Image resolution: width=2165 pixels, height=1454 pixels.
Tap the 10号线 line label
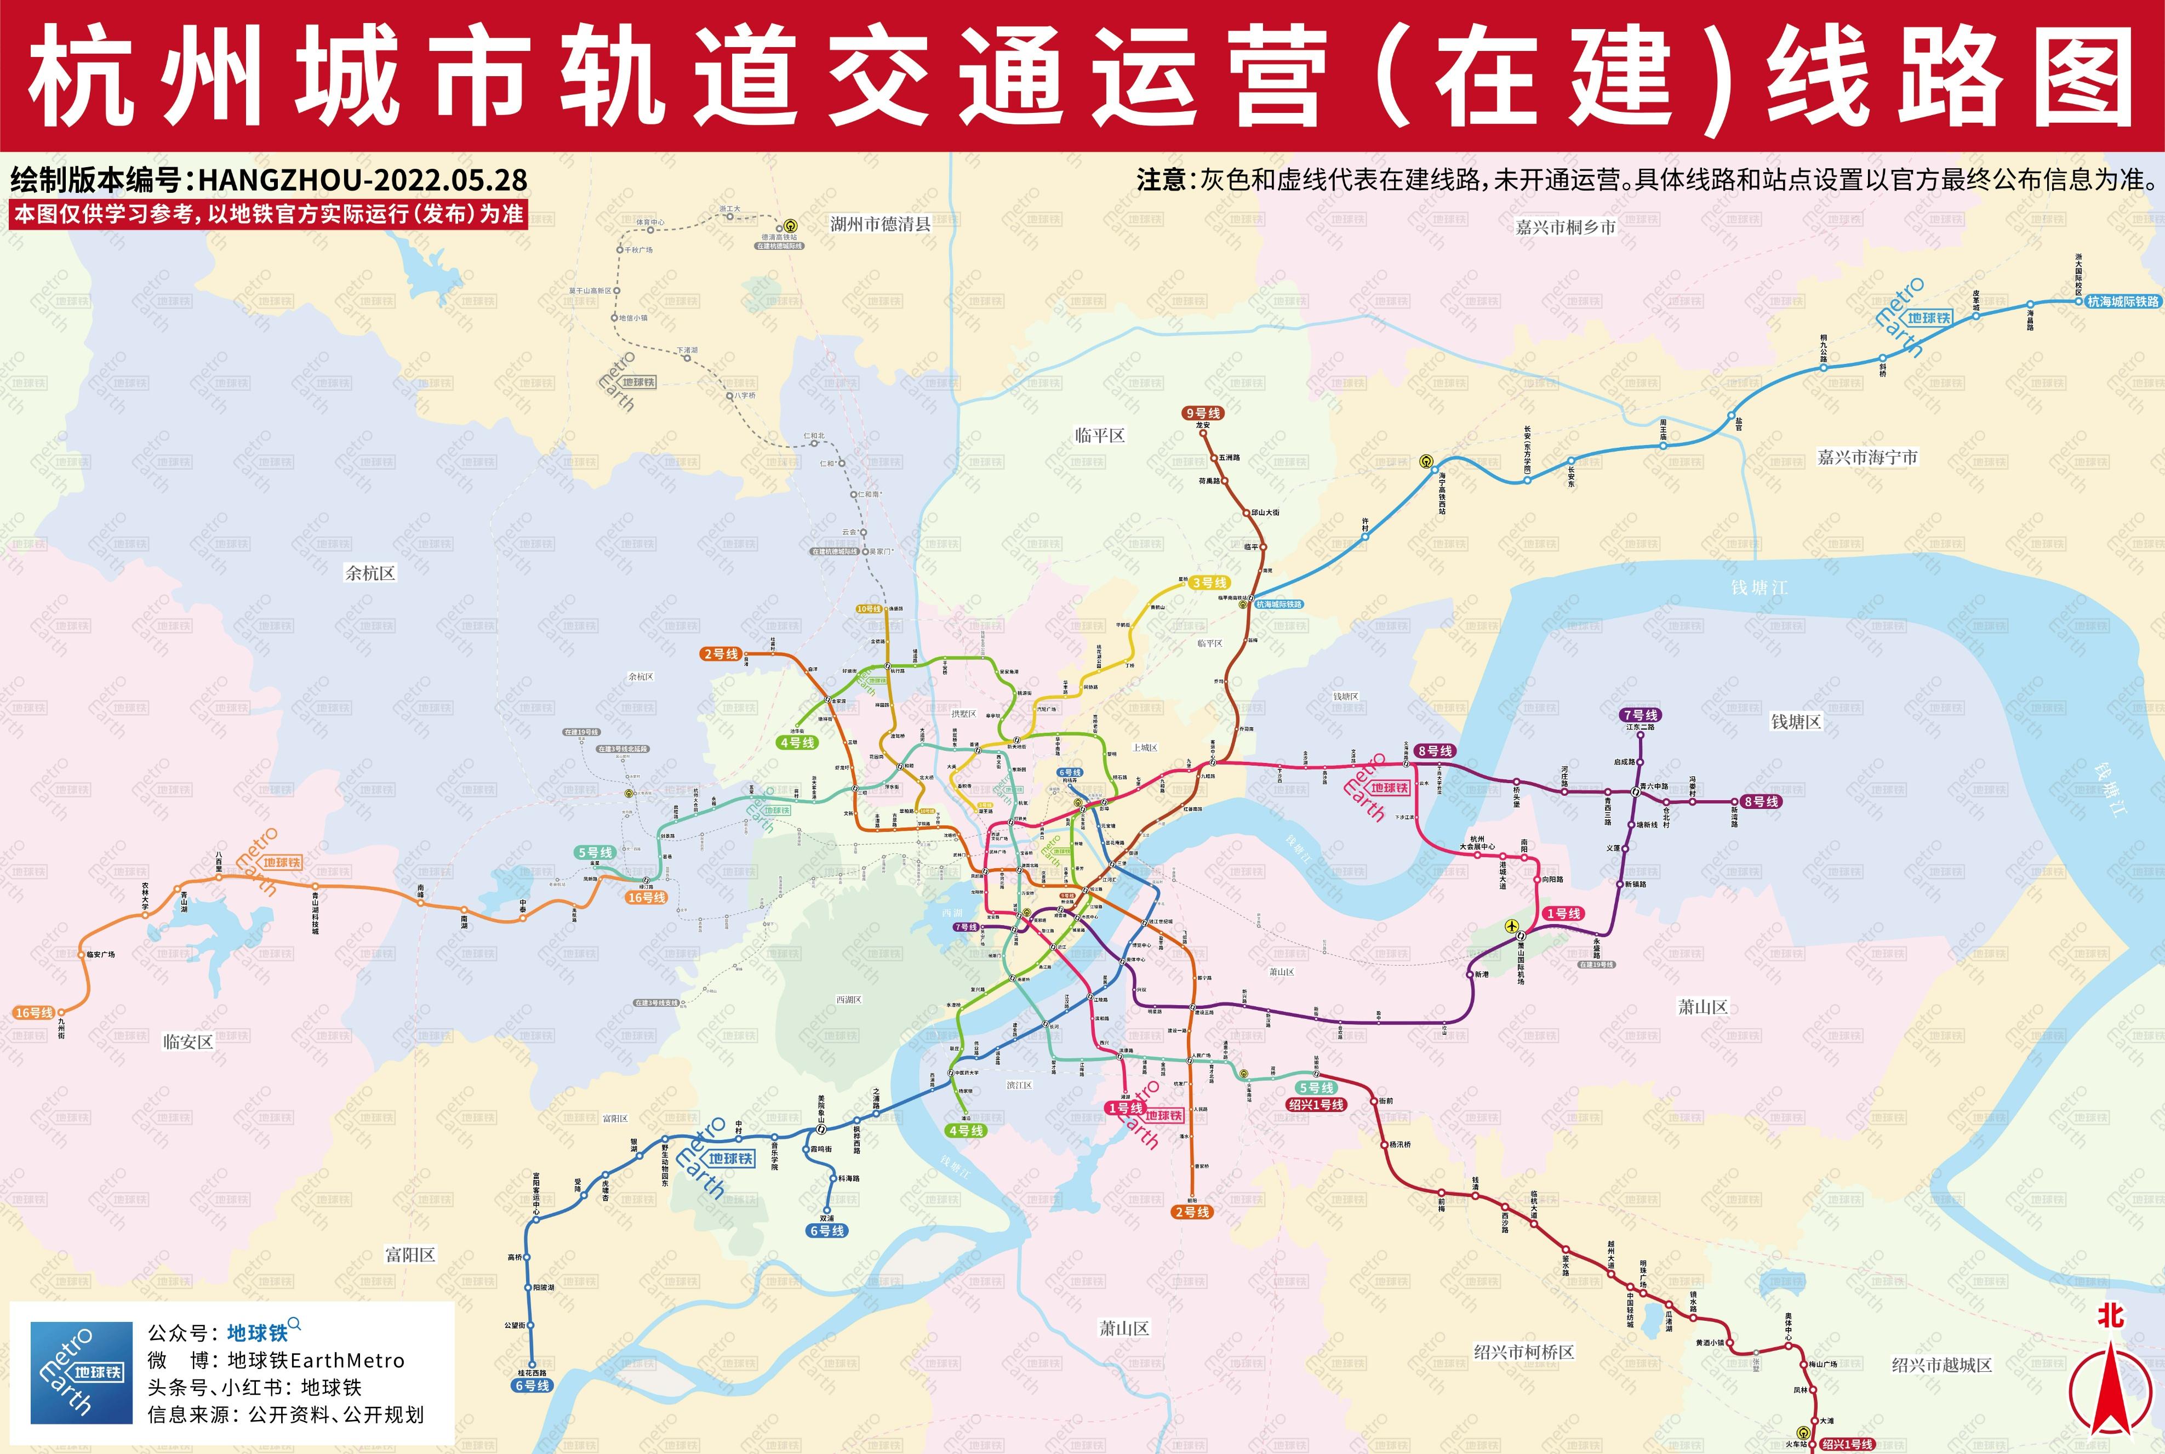[x=869, y=609]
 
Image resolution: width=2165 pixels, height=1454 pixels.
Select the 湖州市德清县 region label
[x=880, y=224]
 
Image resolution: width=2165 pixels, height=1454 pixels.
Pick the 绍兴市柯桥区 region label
[x=1523, y=1352]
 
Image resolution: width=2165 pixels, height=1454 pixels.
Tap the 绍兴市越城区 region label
[x=1941, y=1365]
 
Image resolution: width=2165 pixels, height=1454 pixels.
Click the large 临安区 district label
[x=188, y=1041]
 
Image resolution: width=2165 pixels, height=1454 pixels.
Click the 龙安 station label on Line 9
[x=1203, y=426]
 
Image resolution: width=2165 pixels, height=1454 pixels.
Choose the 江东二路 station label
[x=1640, y=727]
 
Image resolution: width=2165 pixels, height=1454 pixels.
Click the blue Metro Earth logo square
[x=82, y=1372]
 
